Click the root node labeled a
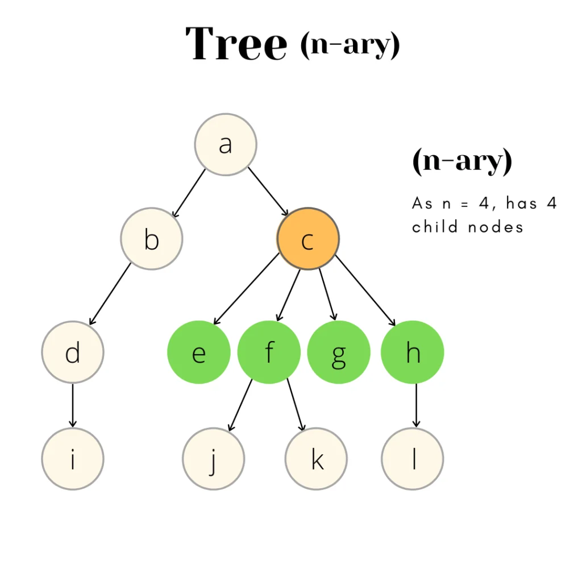point(226,144)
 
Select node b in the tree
point(152,239)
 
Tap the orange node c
point(308,239)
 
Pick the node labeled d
point(73,352)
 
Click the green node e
point(198,352)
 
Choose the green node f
point(269,352)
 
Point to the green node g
point(339,352)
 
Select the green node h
point(413,352)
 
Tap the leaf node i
point(73,459)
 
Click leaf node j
point(214,459)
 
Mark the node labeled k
point(317,459)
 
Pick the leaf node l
point(413,459)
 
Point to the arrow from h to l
point(416,405)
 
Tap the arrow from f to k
point(296,405)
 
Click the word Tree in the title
point(236,44)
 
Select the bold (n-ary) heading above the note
point(462,162)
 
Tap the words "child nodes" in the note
point(467,227)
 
